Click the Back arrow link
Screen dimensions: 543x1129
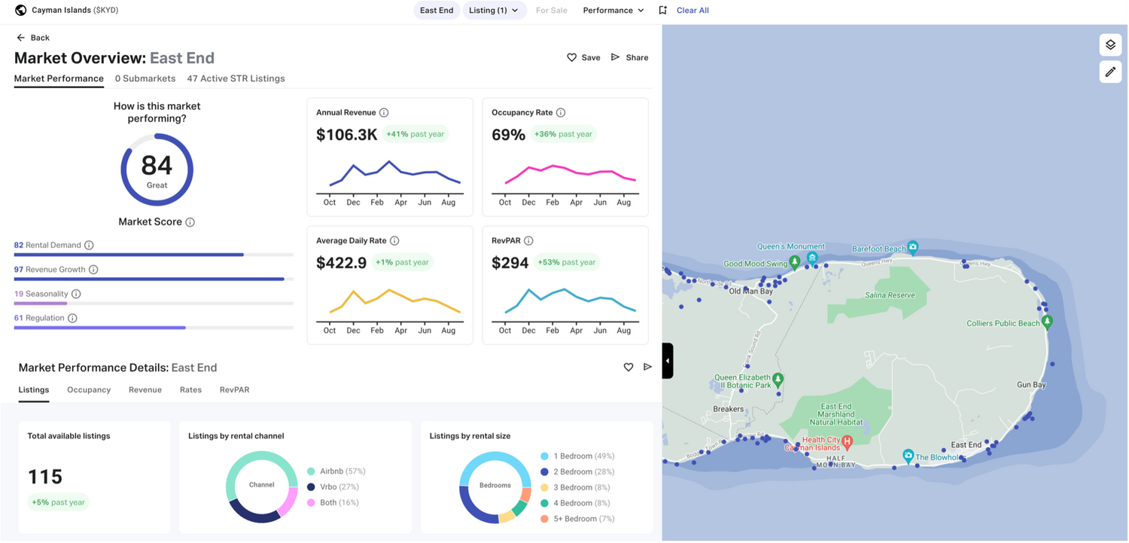tap(33, 38)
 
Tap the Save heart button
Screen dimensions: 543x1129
tap(583, 57)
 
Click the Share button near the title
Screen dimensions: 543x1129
tap(629, 57)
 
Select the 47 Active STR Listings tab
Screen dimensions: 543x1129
tap(236, 78)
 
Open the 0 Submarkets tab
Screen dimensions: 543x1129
tap(145, 78)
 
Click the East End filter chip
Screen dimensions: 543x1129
tap(437, 11)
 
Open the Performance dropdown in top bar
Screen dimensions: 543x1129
tap(613, 11)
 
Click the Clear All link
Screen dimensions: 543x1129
tap(692, 11)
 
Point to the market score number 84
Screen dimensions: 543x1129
tap(157, 165)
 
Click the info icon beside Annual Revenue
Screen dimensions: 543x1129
tap(384, 113)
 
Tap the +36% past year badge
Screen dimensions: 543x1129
tap(563, 134)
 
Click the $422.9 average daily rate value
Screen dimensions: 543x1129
tap(341, 263)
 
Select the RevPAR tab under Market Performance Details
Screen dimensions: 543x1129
tap(234, 390)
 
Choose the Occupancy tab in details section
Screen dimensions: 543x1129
tap(89, 390)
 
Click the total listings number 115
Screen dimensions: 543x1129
tap(45, 477)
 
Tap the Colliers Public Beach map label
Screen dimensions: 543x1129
tap(1003, 324)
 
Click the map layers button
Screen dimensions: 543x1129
tap(1110, 45)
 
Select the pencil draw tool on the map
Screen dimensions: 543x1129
tap(1110, 72)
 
